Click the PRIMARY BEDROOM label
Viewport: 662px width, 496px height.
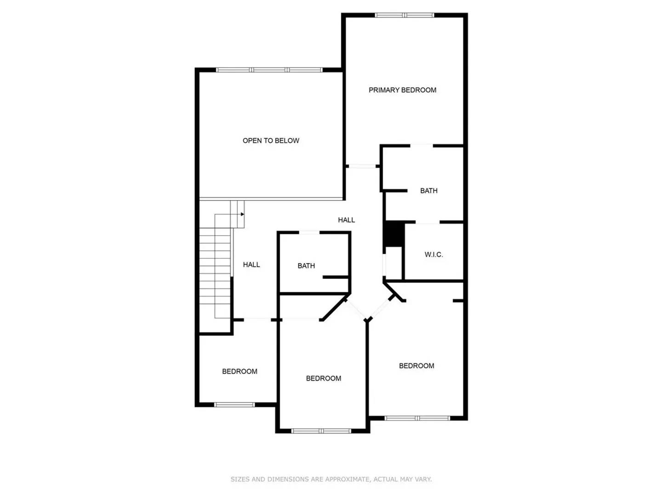pyautogui.click(x=402, y=90)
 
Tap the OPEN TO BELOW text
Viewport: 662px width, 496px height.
pyautogui.click(x=271, y=141)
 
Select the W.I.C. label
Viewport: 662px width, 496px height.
pyautogui.click(x=434, y=254)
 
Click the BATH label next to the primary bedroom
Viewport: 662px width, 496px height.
pyautogui.click(x=428, y=191)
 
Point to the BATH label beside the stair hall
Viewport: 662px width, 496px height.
pyautogui.click(x=306, y=265)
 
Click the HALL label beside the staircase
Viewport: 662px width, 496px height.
pyautogui.click(x=251, y=265)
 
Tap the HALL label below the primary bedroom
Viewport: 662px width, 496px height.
pyautogui.click(x=346, y=220)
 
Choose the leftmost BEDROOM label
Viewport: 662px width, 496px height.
pyautogui.click(x=240, y=371)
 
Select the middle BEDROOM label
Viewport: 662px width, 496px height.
pyautogui.click(x=324, y=378)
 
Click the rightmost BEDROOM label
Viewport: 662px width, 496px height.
pyautogui.click(x=417, y=366)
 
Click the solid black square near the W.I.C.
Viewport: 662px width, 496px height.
pyautogui.click(x=394, y=234)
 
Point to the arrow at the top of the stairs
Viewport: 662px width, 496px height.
pyautogui.click(x=242, y=214)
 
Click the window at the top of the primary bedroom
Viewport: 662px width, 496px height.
pyautogui.click(x=405, y=15)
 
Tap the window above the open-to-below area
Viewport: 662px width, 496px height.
pyautogui.click(x=269, y=70)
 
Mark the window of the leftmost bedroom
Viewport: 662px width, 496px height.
pyautogui.click(x=234, y=405)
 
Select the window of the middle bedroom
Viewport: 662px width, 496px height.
pyautogui.click(x=321, y=431)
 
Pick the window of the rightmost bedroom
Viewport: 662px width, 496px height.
pyautogui.click(x=417, y=418)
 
